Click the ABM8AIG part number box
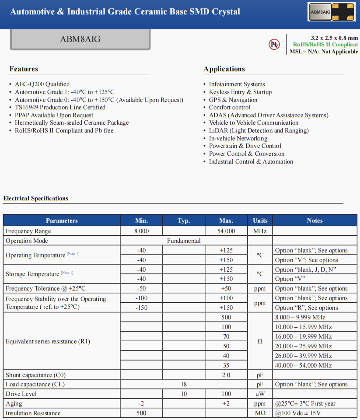tap(80, 39)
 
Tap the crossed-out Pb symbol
tap(274, 44)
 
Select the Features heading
tap(24, 69)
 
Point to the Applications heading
tap(224, 69)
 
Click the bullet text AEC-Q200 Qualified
tap(42, 84)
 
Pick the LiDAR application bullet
tap(259, 130)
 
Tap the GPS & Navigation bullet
tap(233, 100)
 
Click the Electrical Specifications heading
tap(36, 199)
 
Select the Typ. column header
tap(184, 220)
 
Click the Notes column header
tap(315, 220)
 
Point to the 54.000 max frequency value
tap(226, 231)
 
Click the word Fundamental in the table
tap(184, 241)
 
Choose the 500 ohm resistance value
tap(226, 317)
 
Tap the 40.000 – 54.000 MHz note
tap(304, 365)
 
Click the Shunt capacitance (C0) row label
tap(35, 375)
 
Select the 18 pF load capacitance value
tap(184, 384)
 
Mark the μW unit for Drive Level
tap(260, 394)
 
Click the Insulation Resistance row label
tap(33, 413)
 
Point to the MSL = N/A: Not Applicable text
tap(324, 52)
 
